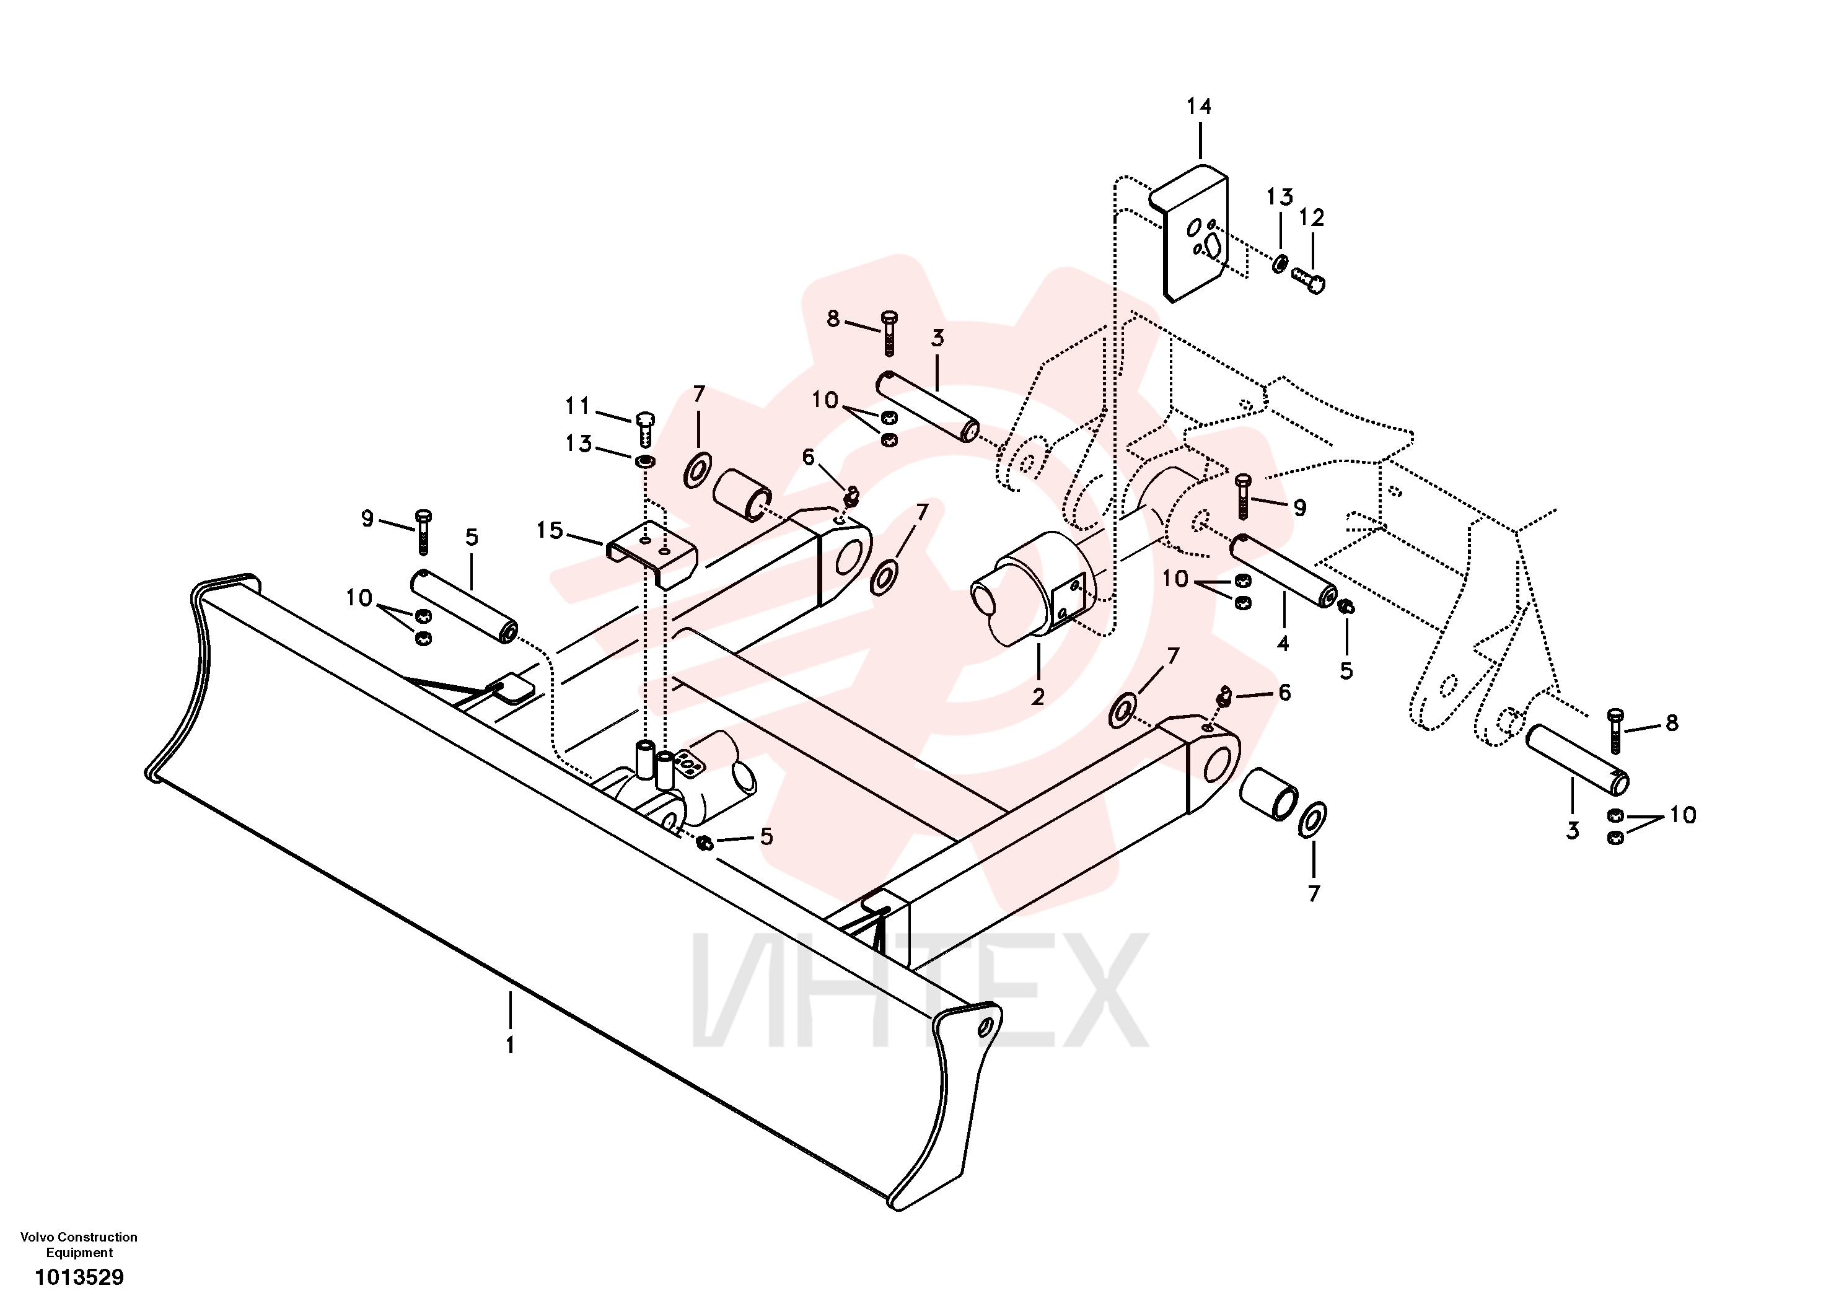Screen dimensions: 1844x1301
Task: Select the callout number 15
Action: (550, 530)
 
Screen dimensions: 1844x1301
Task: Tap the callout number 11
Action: (577, 406)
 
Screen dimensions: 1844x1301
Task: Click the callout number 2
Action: (1038, 697)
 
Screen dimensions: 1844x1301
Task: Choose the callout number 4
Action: (1283, 643)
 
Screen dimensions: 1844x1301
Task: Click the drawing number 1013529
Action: (79, 1277)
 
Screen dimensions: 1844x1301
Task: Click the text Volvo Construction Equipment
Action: (79, 1244)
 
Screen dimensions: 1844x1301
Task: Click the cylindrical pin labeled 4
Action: (1283, 571)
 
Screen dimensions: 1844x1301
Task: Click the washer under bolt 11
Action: (644, 462)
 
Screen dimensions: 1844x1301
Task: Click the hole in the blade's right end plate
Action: (985, 1027)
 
